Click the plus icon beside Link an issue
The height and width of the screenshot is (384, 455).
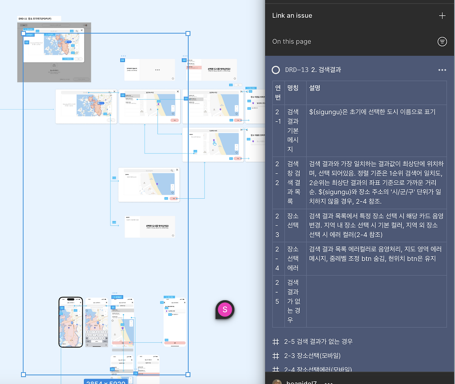click(442, 16)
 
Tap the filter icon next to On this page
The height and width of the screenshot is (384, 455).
click(442, 42)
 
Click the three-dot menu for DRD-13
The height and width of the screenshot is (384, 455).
click(442, 70)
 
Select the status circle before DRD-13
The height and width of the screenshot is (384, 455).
click(276, 70)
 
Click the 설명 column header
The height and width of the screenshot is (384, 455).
click(315, 88)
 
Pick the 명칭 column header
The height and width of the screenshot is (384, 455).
click(293, 88)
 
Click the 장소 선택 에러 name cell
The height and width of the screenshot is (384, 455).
click(293, 258)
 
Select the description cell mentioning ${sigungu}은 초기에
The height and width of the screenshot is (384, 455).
click(372, 112)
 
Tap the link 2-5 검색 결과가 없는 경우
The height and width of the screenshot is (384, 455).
click(318, 342)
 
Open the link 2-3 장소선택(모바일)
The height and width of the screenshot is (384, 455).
click(312, 356)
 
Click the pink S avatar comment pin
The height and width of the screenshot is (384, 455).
click(225, 310)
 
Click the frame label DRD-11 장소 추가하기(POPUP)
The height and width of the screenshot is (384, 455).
click(35, 19)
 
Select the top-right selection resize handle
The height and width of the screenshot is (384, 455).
click(188, 33)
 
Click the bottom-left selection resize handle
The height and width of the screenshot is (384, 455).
click(23, 374)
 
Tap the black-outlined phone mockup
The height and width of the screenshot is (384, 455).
click(71, 322)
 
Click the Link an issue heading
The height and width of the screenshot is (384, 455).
click(292, 16)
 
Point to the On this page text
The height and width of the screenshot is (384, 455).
click(291, 42)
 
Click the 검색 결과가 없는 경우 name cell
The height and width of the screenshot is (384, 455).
click(294, 301)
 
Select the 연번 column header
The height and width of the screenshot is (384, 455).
click(278, 92)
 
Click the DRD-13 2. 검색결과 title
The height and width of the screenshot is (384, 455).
click(313, 70)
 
